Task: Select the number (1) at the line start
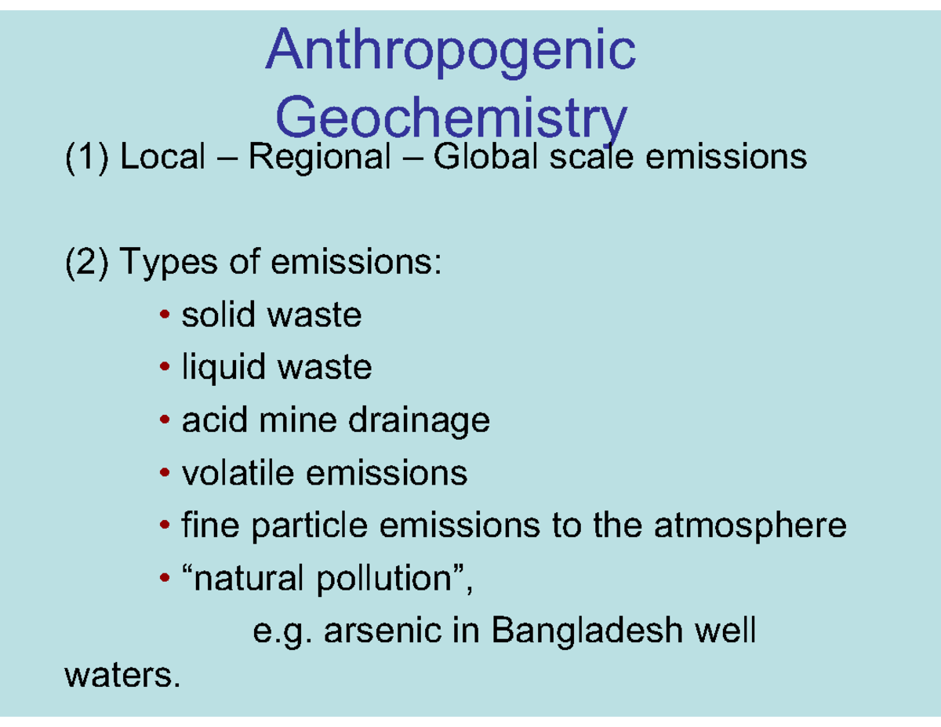tap(86, 158)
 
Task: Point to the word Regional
tap(318, 158)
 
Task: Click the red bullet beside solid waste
tap(164, 316)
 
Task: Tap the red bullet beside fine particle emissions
tap(164, 526)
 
